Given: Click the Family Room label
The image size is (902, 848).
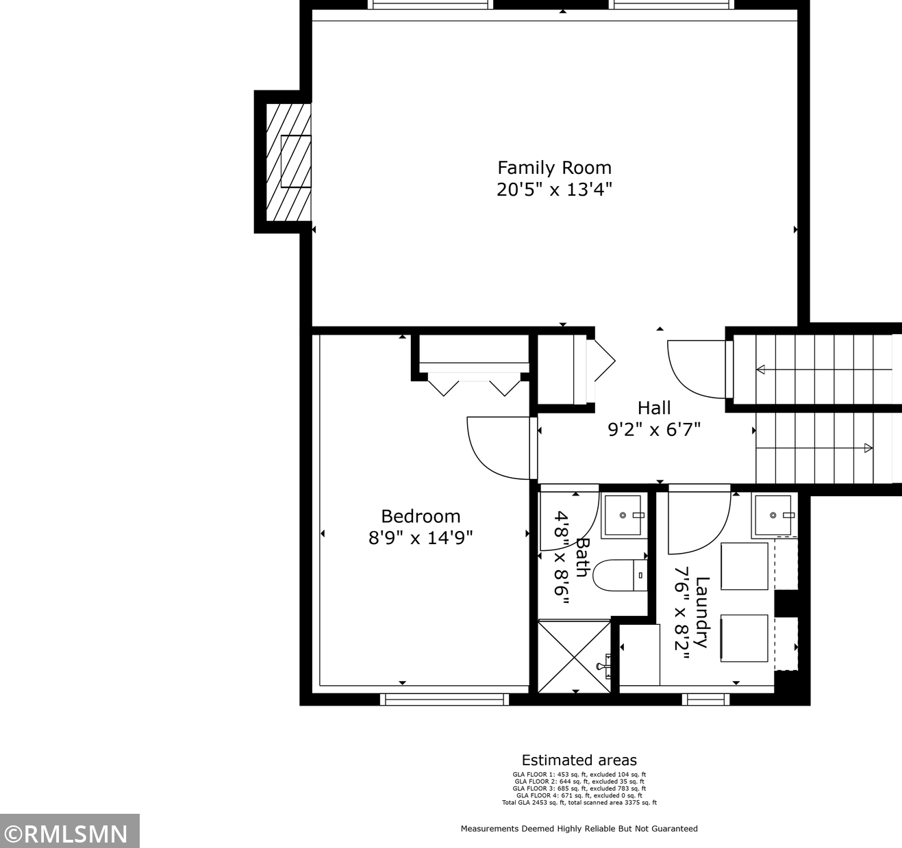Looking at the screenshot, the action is (x=555, y=168).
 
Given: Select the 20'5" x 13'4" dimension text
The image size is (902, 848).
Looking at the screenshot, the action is (x=555, y=190).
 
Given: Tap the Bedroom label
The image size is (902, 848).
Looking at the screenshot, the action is (x=421, y=516).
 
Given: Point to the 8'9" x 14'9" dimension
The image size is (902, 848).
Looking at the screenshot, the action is (x=421, y=538).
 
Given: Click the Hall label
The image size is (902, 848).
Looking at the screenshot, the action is (x=654, y=408).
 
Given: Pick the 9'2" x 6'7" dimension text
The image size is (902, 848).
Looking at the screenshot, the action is (x=654, y=429).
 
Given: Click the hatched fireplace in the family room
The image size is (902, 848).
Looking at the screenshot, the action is (x=288, y=162).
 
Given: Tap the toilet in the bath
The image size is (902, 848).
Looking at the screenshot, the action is (x=621, y=575).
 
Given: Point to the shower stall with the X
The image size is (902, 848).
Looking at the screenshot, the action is (x=575, y=657).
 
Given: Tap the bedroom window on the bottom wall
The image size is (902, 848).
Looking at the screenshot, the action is (x=444, y=699).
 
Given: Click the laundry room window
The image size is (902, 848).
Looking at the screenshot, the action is (x=706, y=699).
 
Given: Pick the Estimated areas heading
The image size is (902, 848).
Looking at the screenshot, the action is (x=579, y=760).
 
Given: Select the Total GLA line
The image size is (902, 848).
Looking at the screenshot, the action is (x=579, y=803).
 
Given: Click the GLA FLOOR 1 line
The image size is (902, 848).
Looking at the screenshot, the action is (x=579, y=775).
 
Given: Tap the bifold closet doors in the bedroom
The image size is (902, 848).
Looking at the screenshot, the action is (x=474, y=384).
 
